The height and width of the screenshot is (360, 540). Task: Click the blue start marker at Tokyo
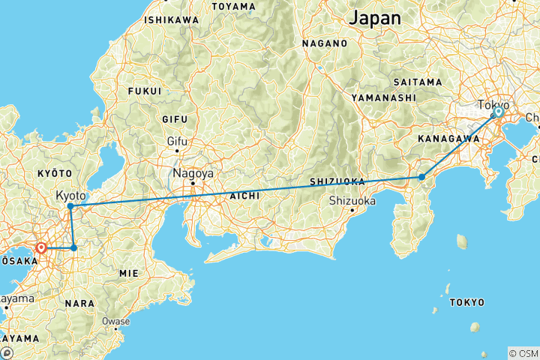point(498,112)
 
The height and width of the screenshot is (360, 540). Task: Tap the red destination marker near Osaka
point(41,247)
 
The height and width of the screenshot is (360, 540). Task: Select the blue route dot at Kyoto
point(70,205)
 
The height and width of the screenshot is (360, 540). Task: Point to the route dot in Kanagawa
point(422,177)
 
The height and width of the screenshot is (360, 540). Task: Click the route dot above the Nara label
point(73,247)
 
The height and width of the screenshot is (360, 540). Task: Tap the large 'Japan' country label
point(375,17)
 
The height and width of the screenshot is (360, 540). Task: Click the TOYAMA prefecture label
point(233,7)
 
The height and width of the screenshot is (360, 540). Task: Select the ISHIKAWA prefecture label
point(172,19)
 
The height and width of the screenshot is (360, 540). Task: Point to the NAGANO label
point(325,43)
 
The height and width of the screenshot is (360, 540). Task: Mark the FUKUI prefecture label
point(145,91)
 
